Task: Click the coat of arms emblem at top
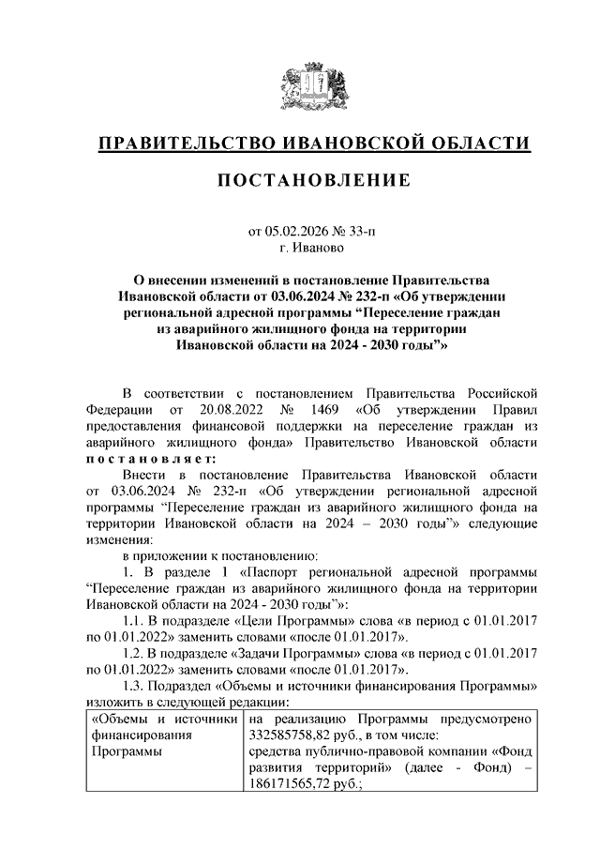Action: pos(300,83)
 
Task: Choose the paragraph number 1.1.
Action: pos(136,621)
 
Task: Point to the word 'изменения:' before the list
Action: pos(118,539)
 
